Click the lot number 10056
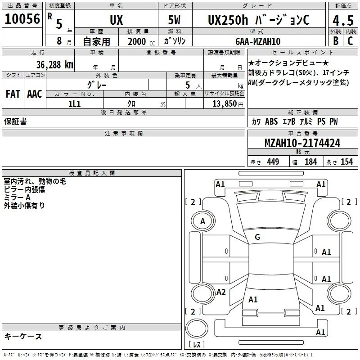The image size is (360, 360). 22,19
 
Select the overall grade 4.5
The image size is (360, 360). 343,20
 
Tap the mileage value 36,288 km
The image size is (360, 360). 54,65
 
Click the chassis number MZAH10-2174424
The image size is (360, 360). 302,143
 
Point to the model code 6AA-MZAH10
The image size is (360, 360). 258,41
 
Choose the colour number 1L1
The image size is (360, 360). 74,104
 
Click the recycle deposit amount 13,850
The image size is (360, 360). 224,104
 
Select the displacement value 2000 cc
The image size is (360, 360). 141,42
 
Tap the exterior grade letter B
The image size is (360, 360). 336,41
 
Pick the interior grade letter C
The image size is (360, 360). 350,41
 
